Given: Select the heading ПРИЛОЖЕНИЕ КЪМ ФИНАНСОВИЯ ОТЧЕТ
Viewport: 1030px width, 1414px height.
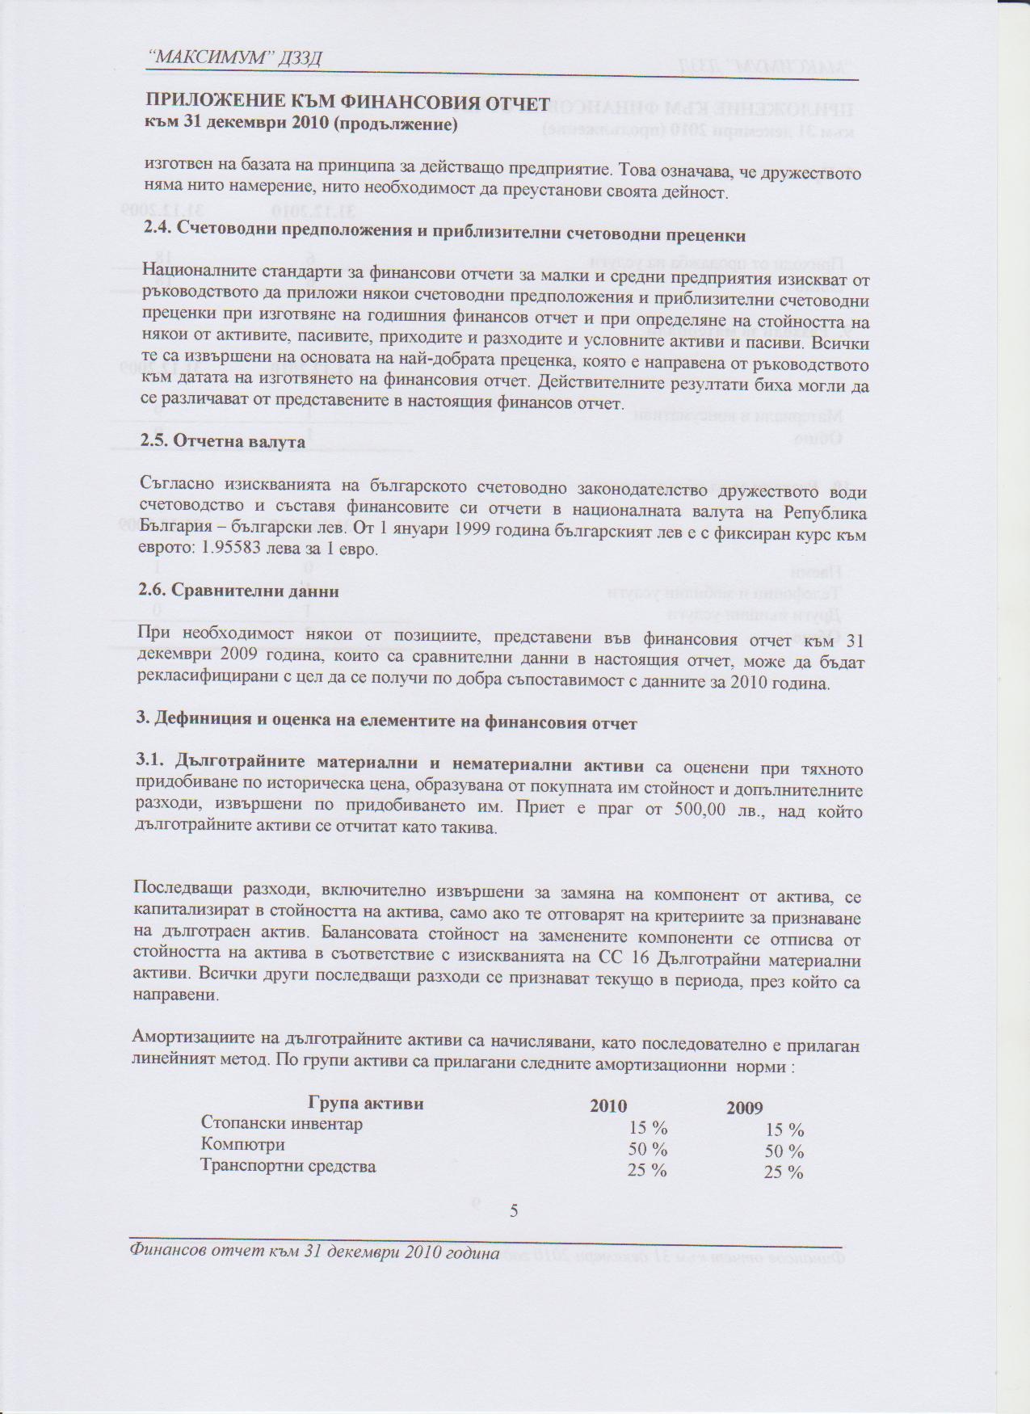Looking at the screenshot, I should coord(347,103).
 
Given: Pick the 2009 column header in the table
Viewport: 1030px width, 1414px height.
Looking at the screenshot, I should coord(744,1109).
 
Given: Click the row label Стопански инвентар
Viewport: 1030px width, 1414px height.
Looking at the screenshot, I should coord(282,1124).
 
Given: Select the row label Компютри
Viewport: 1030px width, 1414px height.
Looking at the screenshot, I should coord(242,1145).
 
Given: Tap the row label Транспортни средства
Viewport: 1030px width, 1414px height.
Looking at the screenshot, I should coord(288,1167).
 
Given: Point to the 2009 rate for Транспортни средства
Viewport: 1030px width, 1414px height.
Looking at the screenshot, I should coord(783,1172).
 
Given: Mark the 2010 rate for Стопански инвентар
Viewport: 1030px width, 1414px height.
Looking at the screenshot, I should coord(648,1129).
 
